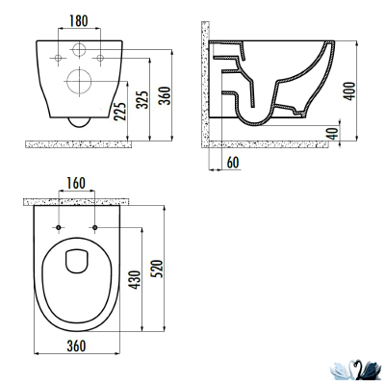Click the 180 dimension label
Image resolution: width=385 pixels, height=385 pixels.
click(x=79, y=21)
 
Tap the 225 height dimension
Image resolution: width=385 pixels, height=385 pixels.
click(x=119, y=112)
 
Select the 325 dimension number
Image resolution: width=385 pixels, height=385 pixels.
click(x=142, y=100)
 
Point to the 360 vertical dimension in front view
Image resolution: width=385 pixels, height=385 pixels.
click(x=166, y=95)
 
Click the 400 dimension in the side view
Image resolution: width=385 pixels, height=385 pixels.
click(x=349, y=91)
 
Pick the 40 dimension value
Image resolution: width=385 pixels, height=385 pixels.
click(x=333, y=133)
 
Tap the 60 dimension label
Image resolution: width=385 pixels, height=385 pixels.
click(x=233, y=163)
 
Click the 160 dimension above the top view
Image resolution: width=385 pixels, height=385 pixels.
click(x=76, y=183)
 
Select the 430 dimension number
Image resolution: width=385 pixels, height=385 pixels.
click(x=136, y=280)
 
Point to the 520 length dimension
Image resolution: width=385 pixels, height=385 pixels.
click(x=159, y=269)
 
